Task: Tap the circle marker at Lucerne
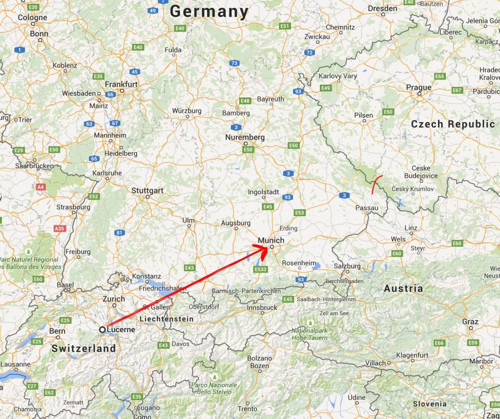tap(103, 330)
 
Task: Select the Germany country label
tap(209, 11)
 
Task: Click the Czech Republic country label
tap(453, 124)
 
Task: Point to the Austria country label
tap(403, 288)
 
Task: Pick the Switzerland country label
tap(83, 348)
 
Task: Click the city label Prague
tap(419, 87)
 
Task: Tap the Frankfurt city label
tap(121, 84)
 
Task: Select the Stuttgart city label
tap(147, 190)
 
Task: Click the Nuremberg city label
tap(245, 137)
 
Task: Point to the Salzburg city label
tap(347, 266)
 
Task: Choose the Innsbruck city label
tap(262, 307)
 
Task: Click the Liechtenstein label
tap(167, 319)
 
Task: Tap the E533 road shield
tap(261, 269)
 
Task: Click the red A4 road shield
tap(40, 186)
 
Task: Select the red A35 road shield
tap(60, 228)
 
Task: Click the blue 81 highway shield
tap(119, 233)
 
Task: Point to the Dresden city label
tap(382, 8)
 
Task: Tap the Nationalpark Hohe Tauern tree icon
tap(311, 322)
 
